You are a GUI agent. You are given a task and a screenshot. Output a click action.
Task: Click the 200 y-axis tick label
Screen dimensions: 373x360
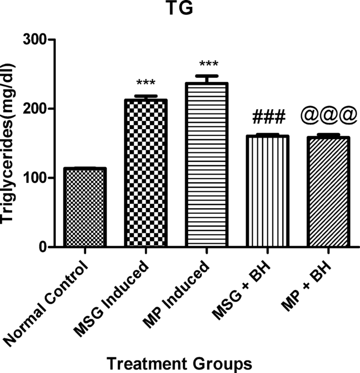click(x=35, y=109)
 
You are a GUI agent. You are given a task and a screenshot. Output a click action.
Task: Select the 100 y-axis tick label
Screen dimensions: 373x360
click(x=35, y=178)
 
